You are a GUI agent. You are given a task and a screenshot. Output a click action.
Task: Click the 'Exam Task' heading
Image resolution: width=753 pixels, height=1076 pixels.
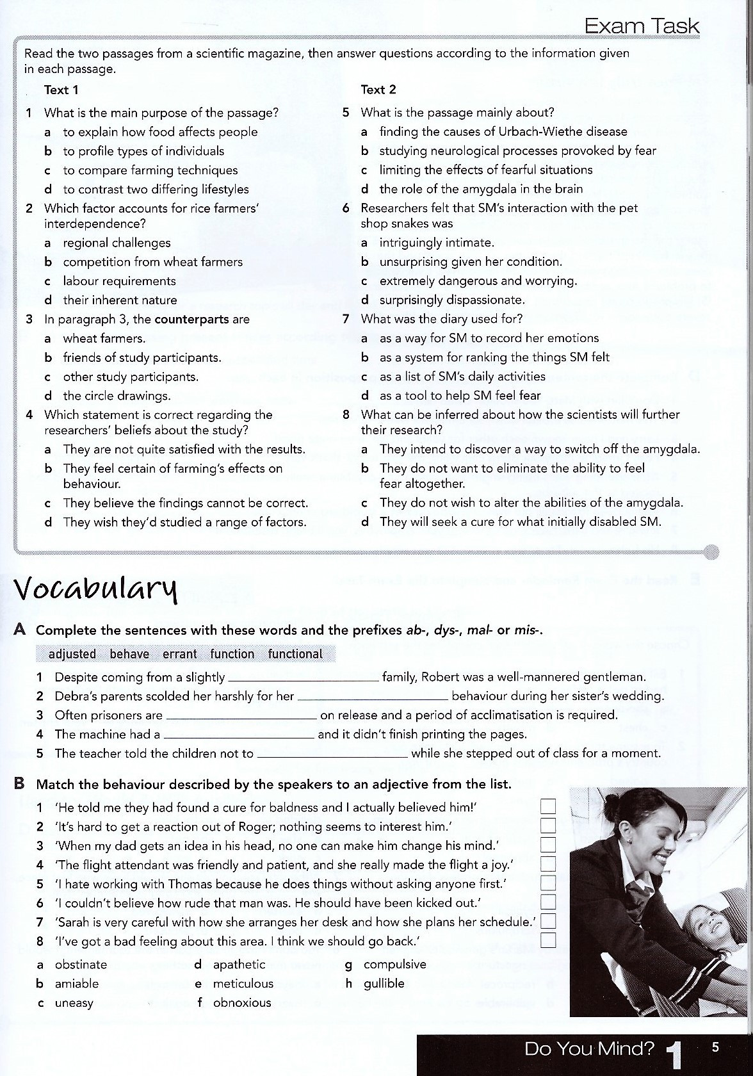coord(642,26)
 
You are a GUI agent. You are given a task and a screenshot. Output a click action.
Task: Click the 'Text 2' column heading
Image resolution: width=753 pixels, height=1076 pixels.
coord(378,90)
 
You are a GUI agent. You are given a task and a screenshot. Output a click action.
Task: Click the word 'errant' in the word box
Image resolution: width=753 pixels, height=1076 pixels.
coord(179,654)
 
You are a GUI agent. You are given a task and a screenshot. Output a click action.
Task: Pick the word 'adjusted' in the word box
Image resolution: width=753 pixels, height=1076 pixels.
coord(72,654)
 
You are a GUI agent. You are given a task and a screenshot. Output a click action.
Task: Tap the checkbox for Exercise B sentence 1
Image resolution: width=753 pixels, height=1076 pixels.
coord(548,806)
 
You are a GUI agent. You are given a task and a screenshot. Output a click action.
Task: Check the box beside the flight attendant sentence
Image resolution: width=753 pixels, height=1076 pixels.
coord(548,864)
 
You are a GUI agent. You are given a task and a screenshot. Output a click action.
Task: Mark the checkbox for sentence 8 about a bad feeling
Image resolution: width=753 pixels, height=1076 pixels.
coord(548,940)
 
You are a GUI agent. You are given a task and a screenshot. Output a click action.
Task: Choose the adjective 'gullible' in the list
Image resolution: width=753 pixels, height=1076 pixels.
coord(384,983)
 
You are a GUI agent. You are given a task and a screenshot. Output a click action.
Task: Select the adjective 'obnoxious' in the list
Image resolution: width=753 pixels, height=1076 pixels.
coord(242,1002)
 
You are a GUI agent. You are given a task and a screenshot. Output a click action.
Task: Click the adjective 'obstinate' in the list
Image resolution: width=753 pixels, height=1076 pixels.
coord(81,965)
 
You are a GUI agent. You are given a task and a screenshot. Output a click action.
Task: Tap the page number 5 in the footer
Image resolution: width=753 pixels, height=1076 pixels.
coord(715,1047)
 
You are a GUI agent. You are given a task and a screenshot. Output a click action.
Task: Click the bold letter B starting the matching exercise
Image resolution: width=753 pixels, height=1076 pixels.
coord(19,783)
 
